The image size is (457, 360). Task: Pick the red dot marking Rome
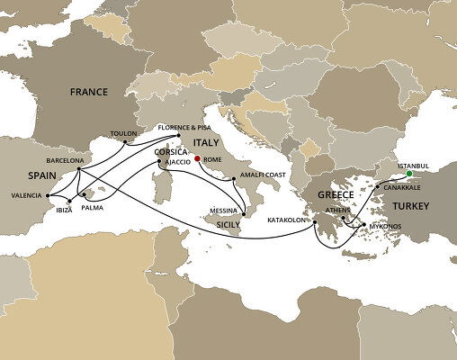click(197, 159)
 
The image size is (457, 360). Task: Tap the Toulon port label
click(123, 132)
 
